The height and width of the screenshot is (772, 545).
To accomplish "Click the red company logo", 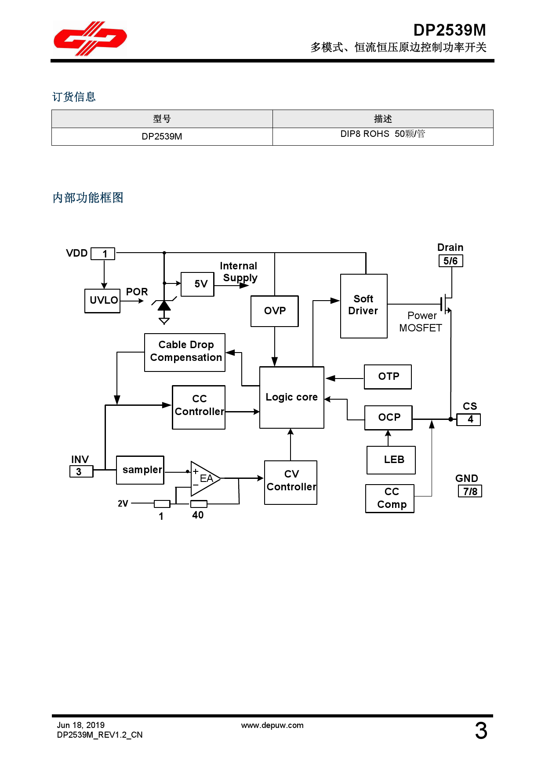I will click(x=90, y=39).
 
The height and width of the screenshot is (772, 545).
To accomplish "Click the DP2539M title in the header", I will click(x=449, y=30).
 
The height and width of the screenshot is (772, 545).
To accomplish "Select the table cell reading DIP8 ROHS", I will click(x=382, y=134).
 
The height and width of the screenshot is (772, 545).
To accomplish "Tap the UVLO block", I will click(x=102, y=301).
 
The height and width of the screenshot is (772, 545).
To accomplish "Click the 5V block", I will click(x=198, y=284).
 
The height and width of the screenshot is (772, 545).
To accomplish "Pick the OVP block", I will click(x=275, y=311).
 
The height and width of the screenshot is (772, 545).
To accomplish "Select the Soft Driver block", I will click(x=363, y=306).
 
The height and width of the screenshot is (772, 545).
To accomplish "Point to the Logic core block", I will click(x=292, y=397).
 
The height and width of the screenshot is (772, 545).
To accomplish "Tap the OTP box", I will click(x=388, y=377).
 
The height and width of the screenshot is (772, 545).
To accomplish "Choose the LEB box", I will click(x=391, y=460).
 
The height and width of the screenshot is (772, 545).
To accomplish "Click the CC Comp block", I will click(x=390, y=498).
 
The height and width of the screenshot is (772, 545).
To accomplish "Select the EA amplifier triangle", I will click(x=203, y=478).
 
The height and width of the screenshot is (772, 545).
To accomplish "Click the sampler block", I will click(x=140, y=470).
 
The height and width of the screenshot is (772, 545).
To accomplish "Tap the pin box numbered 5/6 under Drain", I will click(x=451, y=261).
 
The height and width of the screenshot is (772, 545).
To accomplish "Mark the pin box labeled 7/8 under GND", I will click(x=470, y=491).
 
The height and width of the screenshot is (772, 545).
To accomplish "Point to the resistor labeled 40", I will click(x=199, y=504).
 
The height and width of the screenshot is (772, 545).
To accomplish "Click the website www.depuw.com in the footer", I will click(x=272, y=725).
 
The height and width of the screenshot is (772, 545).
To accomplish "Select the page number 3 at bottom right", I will click(x=481, y=731).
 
